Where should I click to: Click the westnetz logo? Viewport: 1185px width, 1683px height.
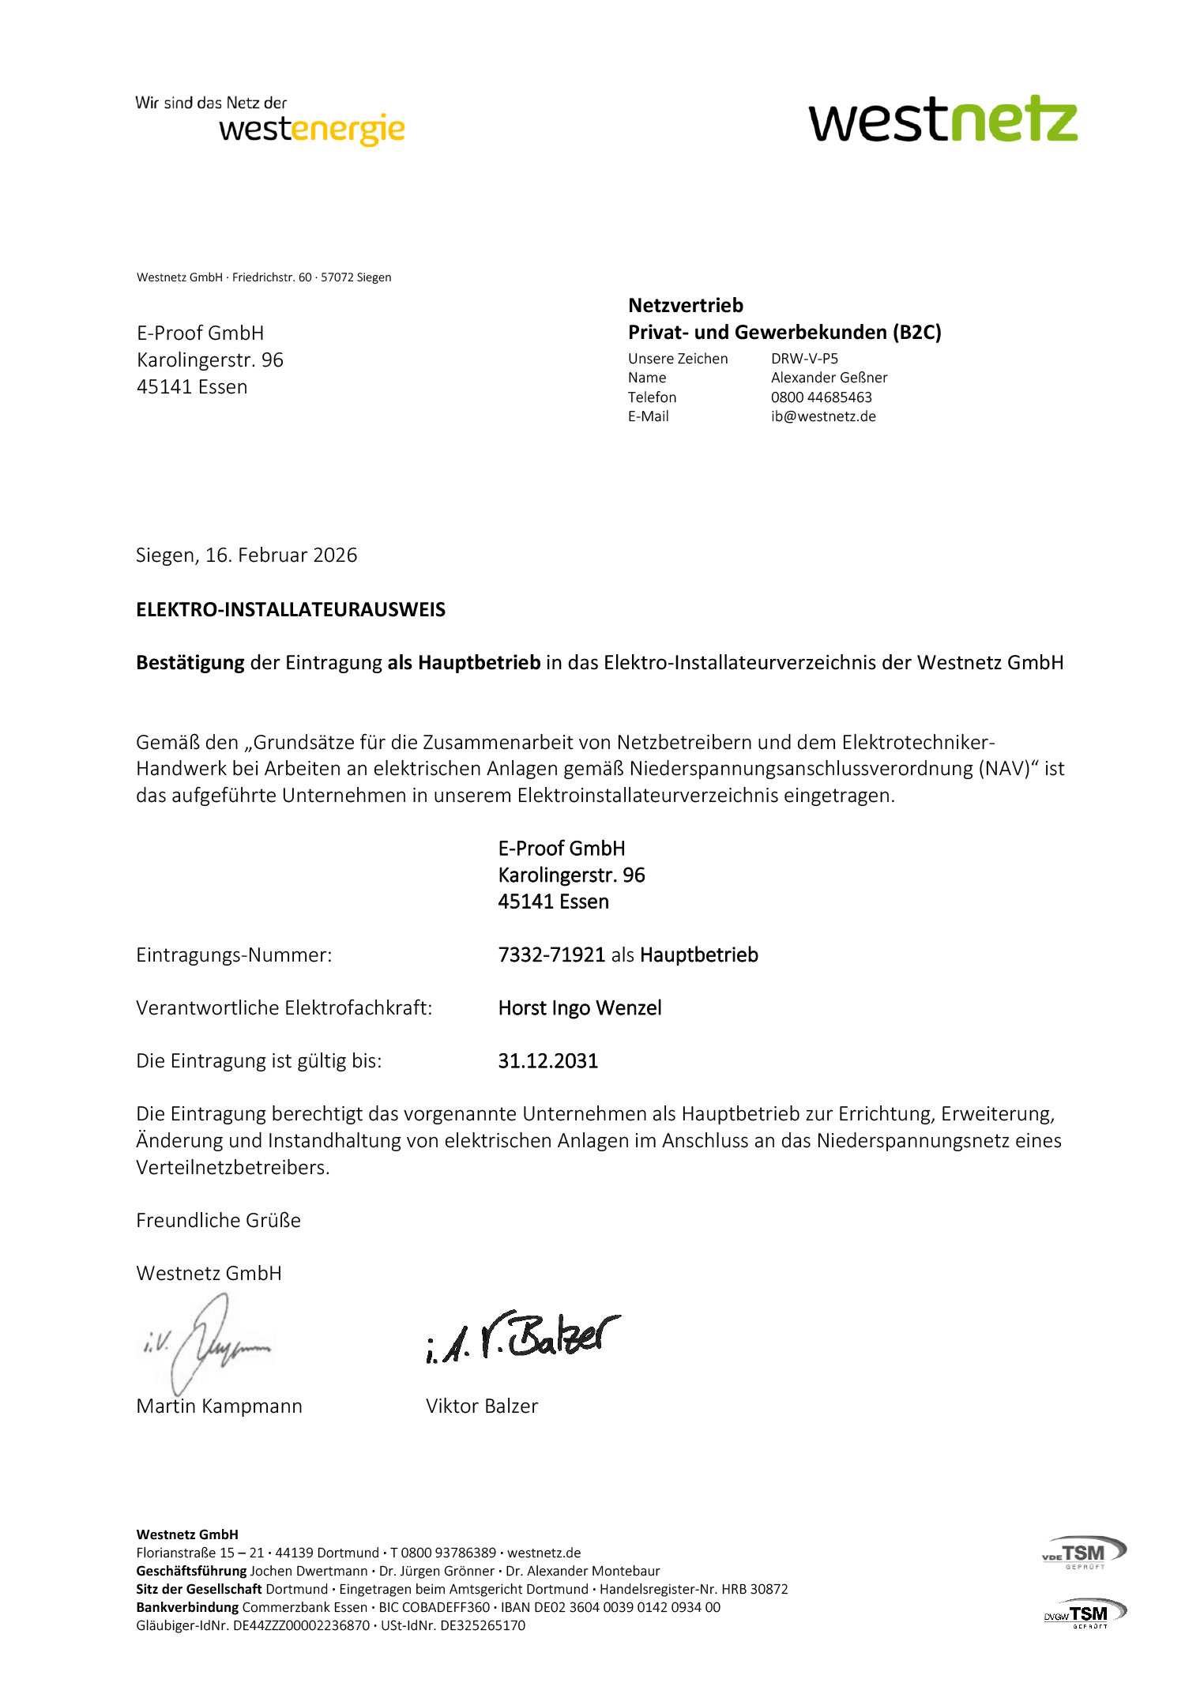pos(942,120)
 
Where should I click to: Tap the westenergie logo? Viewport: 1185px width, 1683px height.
pos(311,128)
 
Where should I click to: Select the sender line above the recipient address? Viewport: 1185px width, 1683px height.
pos(264,277)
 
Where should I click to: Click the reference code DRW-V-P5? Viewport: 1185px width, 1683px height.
pos(804,359)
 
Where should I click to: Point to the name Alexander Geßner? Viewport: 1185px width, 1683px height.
pos(829,378)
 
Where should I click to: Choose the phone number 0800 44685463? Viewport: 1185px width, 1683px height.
pos(821,397)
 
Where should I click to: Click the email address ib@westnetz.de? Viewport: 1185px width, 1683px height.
pos(823,416)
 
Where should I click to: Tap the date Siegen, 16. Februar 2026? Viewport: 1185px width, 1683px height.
pos(246,555)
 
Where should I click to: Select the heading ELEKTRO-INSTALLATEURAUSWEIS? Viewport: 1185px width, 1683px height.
pos(291,610)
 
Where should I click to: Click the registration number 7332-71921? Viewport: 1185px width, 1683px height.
pos(551,955)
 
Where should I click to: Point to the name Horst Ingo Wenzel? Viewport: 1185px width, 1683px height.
pos(580,1008)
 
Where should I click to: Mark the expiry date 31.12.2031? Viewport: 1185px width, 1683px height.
pos(547,1061)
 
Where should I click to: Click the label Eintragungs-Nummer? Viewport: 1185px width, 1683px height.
pos(234,955)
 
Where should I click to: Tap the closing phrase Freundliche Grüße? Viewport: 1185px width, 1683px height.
pos(218,1221)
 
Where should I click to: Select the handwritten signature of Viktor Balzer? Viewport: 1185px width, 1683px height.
pos(522,1338)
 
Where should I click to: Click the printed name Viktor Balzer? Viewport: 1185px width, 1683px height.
pos(481,1406)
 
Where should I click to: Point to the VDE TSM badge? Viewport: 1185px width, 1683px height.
pos(1084,1553)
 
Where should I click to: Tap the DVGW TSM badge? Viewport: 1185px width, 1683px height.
pos(1085,1613)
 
